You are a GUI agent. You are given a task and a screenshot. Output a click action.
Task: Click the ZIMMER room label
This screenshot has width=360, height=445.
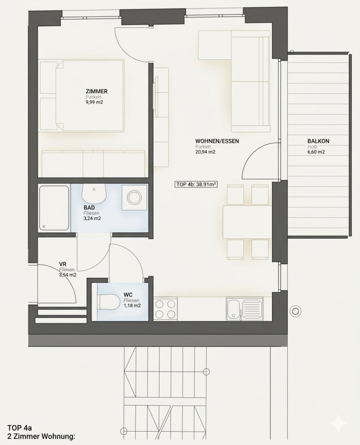(96, 91)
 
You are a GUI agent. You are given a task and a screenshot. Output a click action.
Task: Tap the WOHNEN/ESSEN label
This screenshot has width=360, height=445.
(217, 141)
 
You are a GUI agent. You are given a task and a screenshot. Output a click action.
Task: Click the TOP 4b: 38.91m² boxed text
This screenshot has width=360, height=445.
(196, 185)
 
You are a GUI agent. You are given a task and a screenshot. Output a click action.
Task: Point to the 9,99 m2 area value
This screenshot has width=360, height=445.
(94, 102)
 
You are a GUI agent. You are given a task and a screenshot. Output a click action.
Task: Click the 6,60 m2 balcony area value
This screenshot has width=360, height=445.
(316, 152)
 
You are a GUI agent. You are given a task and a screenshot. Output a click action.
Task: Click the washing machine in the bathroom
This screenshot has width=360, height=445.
(135, 197)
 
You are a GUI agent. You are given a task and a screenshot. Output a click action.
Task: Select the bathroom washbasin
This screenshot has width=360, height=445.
(94, 192)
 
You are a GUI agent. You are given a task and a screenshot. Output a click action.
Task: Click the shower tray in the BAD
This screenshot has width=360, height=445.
(54, 208)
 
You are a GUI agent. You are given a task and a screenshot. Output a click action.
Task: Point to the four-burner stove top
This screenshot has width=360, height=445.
(166, 309)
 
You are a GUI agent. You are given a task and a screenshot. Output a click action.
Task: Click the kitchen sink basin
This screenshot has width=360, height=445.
(234, 309)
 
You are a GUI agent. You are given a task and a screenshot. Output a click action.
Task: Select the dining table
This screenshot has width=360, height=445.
(248, 222)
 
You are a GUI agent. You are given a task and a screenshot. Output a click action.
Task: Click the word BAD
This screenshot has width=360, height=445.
(89, 208)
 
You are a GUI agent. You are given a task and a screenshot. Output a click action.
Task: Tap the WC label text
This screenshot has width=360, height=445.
(128, 295)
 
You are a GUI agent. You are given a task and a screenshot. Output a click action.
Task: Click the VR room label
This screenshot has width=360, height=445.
(63, 264)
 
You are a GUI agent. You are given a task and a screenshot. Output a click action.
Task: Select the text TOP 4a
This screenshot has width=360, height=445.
(20, 428)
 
